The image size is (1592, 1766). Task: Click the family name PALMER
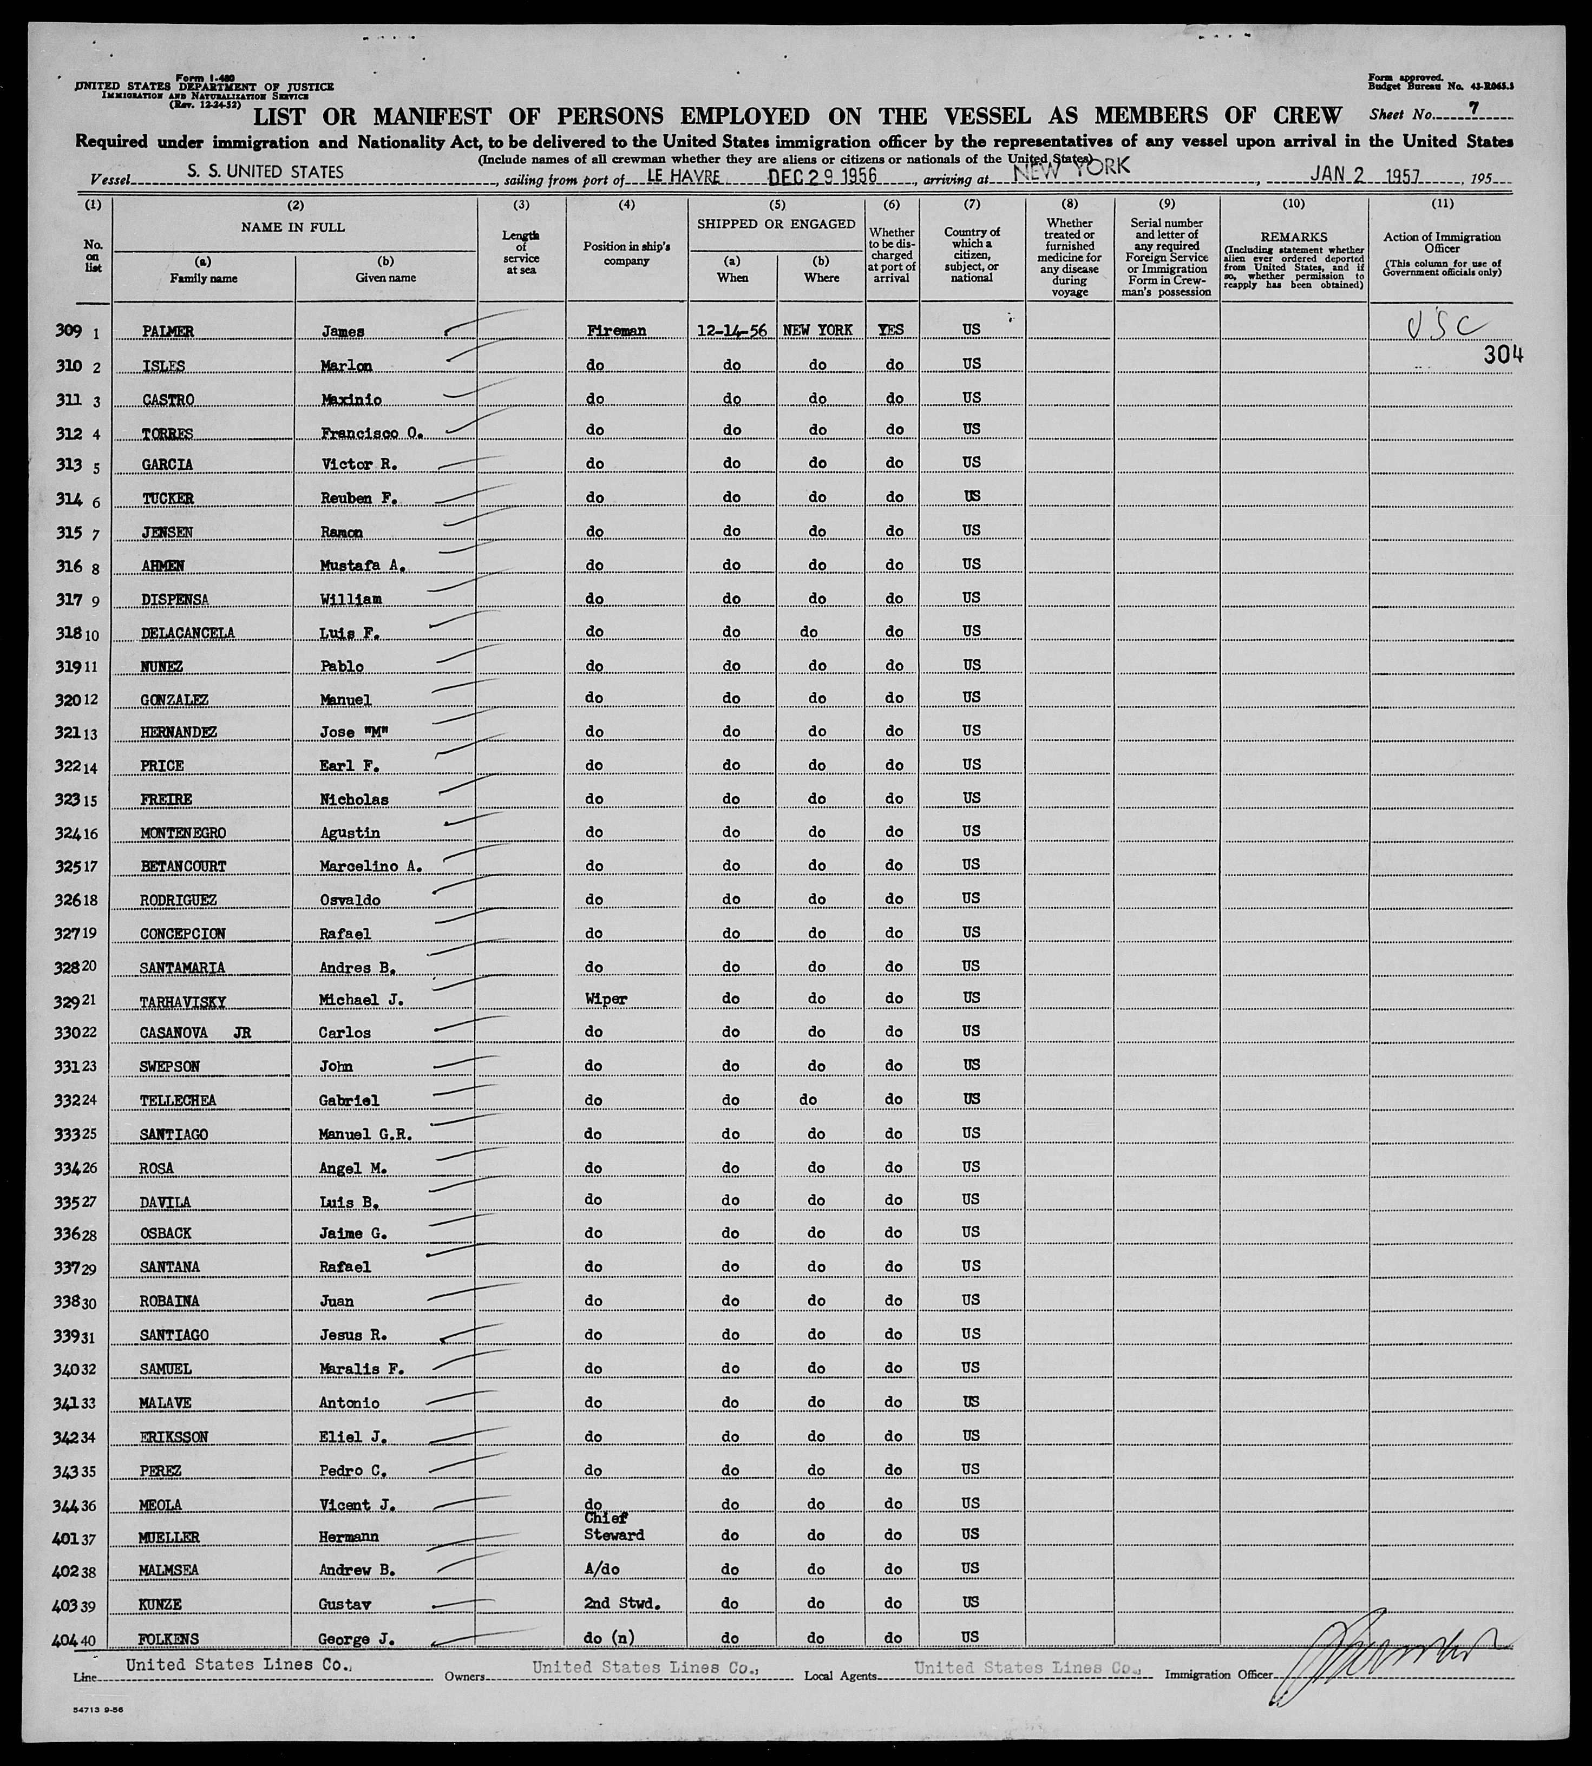point(168,332)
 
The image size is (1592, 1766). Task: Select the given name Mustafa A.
point(361,565)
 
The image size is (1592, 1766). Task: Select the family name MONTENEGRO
point(183,833)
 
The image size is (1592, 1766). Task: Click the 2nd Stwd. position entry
point(621,1603)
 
